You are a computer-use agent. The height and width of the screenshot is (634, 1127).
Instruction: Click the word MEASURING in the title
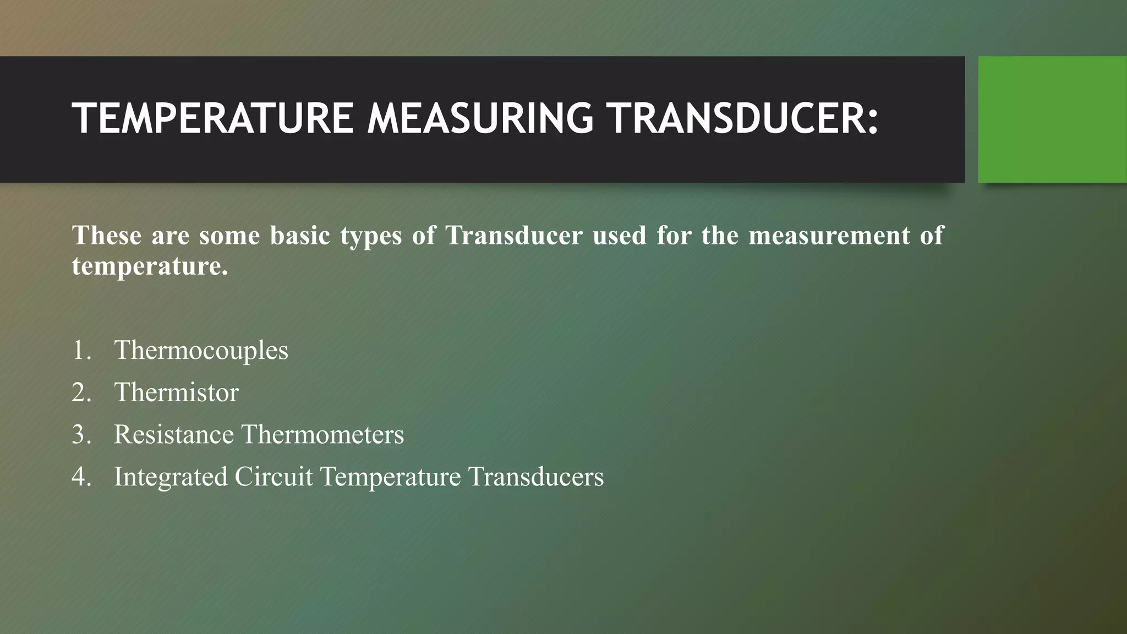click(480, 118)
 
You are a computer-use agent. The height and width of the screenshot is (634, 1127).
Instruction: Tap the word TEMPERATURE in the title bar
click(213, 118)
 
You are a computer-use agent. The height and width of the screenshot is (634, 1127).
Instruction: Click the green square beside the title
click(1052, 119)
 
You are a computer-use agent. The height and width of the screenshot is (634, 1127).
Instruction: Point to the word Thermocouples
click(201, 351)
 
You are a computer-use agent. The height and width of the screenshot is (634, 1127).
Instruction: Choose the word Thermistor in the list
click(176, 392)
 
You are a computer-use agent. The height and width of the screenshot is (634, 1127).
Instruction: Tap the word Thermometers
click(323, 434)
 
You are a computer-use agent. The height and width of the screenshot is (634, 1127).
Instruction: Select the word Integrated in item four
click(171, 477)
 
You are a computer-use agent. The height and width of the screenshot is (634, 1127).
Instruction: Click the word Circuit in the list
click(273, 477)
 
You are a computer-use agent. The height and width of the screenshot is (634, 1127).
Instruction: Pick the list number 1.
click(81, 351)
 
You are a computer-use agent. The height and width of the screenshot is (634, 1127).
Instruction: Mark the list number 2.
click(81, 392)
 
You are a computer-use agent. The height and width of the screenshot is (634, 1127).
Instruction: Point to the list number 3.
click(81, 434)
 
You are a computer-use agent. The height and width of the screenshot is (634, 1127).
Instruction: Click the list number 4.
click(81, 477)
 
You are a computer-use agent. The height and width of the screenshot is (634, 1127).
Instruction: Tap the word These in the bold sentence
click(107, 236)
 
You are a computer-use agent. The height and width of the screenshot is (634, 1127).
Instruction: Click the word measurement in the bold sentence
click(829, 236)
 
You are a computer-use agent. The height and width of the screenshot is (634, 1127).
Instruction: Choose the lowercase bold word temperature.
click(149, 266)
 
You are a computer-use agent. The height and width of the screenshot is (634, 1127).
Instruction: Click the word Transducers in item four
click(536, 477)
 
